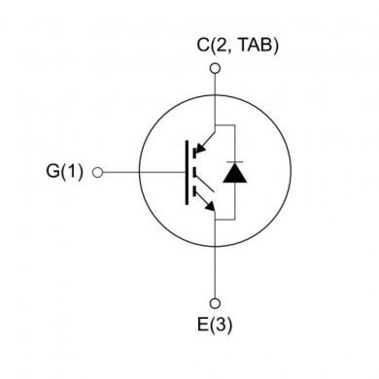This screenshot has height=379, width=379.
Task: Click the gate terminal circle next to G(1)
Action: (x=97, y=173)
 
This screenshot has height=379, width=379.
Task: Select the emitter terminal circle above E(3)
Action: (x=215, y=302)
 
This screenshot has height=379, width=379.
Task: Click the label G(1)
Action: (x=66, y=173)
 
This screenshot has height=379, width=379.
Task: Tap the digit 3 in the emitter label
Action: (x=221, y=325)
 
